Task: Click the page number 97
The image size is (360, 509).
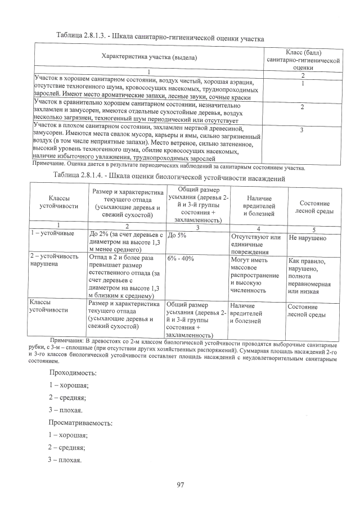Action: tap(181, 485)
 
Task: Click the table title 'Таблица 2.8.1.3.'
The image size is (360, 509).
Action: tap(83, 36)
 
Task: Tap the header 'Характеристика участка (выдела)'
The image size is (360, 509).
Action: tap(150, 57)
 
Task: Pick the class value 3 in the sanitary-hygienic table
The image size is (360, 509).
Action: tap(303, 130)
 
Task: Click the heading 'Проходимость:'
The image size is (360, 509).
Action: tap(73, 373)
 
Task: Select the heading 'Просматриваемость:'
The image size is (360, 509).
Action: tap(80, 422)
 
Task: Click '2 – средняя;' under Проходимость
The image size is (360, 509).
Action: tap(66, 398)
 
